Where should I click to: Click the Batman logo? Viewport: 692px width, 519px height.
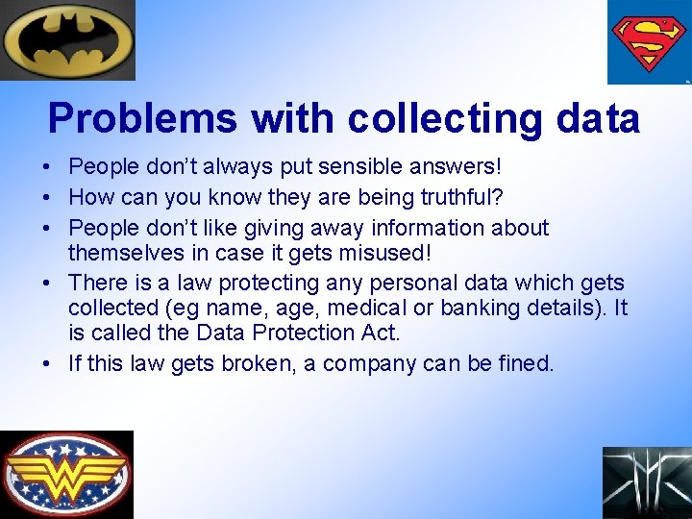point(67,39)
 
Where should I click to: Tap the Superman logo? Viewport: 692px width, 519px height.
point(649,42)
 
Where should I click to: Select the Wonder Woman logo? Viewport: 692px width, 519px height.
point(66,474)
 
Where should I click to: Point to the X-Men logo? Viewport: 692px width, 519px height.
point(647,482)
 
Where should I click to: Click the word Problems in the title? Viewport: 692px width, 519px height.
point(142,119)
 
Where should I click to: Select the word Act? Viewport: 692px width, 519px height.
point(382,333)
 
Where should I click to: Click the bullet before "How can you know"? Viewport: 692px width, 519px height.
point(46,198)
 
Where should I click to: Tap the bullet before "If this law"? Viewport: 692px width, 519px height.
point(46,364)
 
